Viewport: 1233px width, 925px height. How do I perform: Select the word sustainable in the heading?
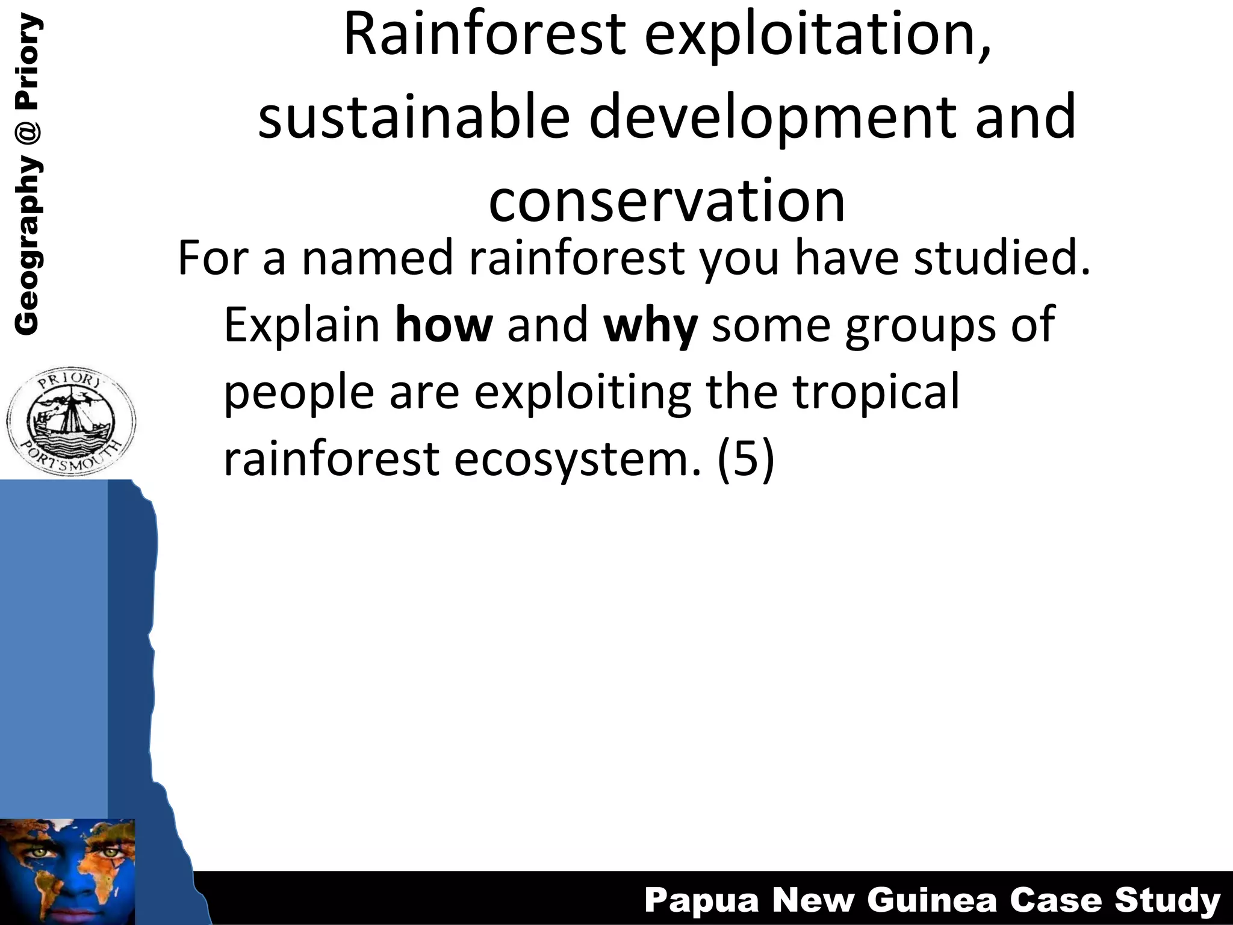pyautogui.click(x=414, y=117)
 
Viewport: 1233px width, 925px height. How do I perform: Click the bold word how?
pyautogui.click(x=444, y=325)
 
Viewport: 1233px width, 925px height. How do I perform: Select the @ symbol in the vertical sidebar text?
pyautogui.click(x=28, y=129)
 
